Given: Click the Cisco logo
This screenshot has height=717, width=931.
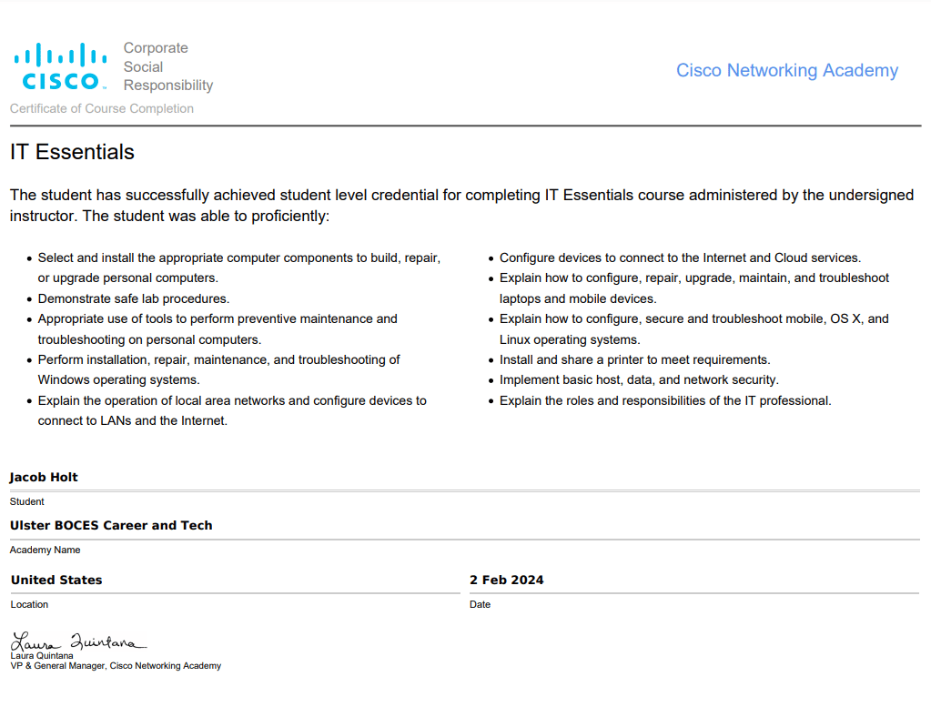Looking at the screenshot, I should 60,67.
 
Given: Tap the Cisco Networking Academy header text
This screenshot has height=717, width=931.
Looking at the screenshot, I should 786,71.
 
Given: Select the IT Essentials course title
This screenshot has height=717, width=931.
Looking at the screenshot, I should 72,152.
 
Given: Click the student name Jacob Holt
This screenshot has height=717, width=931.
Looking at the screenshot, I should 44,478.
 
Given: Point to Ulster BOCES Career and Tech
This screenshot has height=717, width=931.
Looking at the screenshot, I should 111,525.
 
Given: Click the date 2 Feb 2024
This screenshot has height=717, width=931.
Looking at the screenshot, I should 506,580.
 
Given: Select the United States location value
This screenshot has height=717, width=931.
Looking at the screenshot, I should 56,580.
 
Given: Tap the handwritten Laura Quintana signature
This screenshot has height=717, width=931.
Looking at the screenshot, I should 76,641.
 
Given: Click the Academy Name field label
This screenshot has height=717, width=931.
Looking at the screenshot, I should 45,550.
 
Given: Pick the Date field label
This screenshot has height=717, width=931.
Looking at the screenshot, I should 480,604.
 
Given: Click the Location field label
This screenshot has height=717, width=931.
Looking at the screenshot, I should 29,604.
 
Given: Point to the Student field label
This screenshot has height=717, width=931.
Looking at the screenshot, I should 26,501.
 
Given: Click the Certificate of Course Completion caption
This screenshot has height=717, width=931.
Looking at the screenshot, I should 102,108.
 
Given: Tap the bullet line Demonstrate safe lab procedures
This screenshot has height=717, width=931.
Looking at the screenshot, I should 134,298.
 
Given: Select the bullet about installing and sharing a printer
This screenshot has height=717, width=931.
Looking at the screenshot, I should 634,359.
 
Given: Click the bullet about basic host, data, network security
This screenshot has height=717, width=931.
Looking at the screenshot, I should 639,379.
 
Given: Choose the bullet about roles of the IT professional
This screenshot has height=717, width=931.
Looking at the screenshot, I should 665,400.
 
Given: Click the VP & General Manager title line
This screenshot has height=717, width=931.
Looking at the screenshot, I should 116,666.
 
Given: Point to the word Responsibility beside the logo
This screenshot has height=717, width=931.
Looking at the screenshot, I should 168,86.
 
